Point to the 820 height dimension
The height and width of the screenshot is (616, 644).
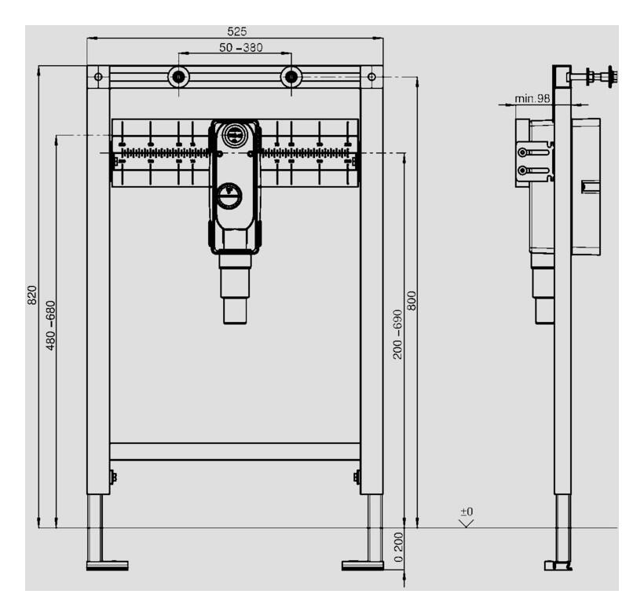click(32, 295)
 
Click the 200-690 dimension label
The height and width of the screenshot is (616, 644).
click(397, 334)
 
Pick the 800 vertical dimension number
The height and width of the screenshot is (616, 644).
click(411, 301)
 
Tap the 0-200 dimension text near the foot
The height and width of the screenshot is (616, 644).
click(398, 548)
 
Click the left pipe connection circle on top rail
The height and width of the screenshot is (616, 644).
click(178, 77)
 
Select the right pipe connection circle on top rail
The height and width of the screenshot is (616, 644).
click(291, 77)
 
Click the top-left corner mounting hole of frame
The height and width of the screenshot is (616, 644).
click(98, 77)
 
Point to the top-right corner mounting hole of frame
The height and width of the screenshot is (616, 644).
click(371, 77)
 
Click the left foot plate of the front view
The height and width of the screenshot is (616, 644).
click(107, 564)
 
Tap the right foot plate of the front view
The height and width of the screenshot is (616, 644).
click(363, 564)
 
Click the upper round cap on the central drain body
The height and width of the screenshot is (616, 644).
click(233, 135)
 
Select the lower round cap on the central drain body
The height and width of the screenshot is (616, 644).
click(231, 195)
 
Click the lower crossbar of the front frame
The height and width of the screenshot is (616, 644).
click(235, 451)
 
